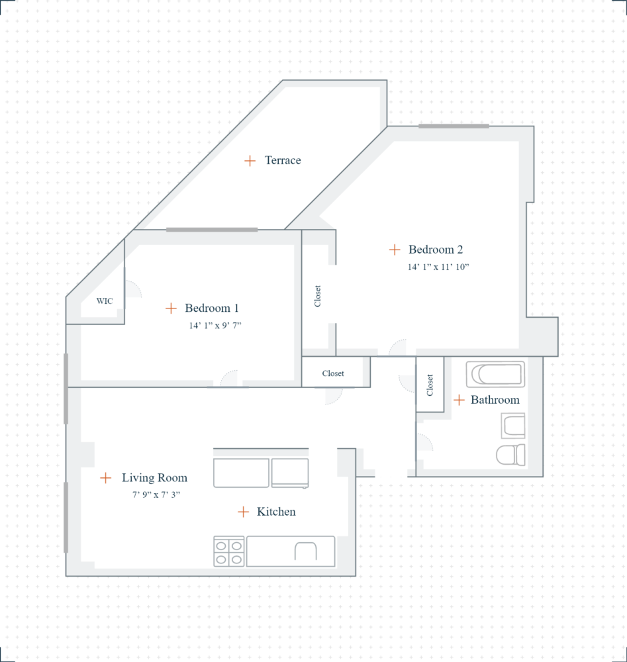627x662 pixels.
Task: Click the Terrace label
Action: click(283, 160)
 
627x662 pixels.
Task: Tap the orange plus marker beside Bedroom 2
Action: click(395, 250)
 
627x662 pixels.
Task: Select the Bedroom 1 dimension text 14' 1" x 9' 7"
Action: click(215, 326)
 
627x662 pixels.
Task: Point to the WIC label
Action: click(105, 301)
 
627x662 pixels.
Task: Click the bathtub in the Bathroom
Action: click(495, 374)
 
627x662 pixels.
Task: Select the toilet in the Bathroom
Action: click(510, 454)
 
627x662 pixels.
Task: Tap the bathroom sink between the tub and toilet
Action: click(514, 426)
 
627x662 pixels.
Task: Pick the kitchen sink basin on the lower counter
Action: click(306, 551)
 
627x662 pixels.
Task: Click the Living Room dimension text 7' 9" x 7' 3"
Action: click(156, 495)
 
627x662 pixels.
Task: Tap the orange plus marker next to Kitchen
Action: click(244, 512)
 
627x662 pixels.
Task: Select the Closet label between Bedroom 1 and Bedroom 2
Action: click(318, 296)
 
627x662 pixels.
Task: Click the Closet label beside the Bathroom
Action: click(430, 385)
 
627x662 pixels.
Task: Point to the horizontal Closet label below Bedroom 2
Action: click(333, 373)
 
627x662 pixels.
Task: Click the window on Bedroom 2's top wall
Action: click(454, 126)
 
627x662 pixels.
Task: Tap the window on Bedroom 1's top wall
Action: click(212, 230)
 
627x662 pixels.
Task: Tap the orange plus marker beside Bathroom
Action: click(458, 400)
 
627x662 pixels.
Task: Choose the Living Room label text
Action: click(154, 477)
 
